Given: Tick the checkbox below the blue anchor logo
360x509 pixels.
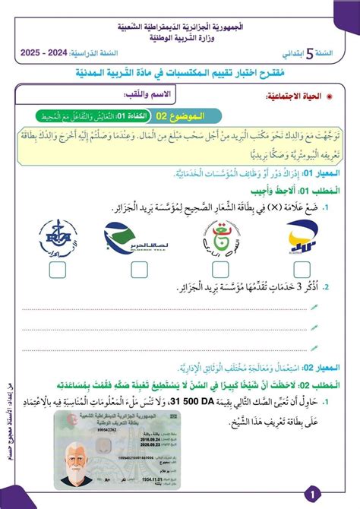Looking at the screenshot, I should coord(55,269).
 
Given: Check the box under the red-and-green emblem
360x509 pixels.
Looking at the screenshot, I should coord(219,269).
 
